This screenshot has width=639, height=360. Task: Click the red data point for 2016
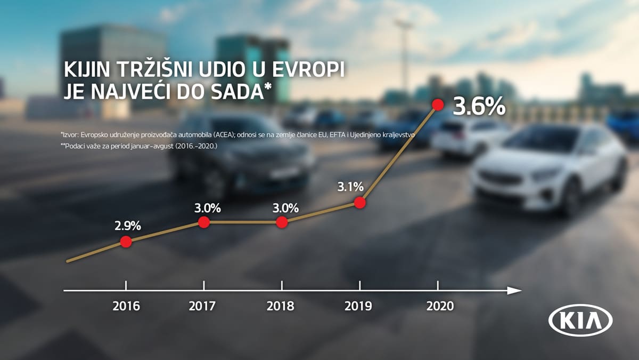tap(126, 242)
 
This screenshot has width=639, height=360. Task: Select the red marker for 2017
tap(203, 222)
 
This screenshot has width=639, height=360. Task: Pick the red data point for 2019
tap(360, 203)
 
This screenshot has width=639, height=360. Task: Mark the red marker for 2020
tap(438, 105)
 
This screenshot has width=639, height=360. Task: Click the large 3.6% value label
tap(479, 107)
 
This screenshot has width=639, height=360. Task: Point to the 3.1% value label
tap(350, 187)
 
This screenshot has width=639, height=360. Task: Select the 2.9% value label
tap(127, 226)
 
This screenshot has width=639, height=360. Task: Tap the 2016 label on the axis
tap(126, 306)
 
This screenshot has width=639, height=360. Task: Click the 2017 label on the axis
tap(202, 306)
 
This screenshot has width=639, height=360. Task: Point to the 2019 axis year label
tap(359, 306)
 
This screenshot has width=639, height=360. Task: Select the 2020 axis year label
tap(440, 306)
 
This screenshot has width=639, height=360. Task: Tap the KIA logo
tap(580, 321)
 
